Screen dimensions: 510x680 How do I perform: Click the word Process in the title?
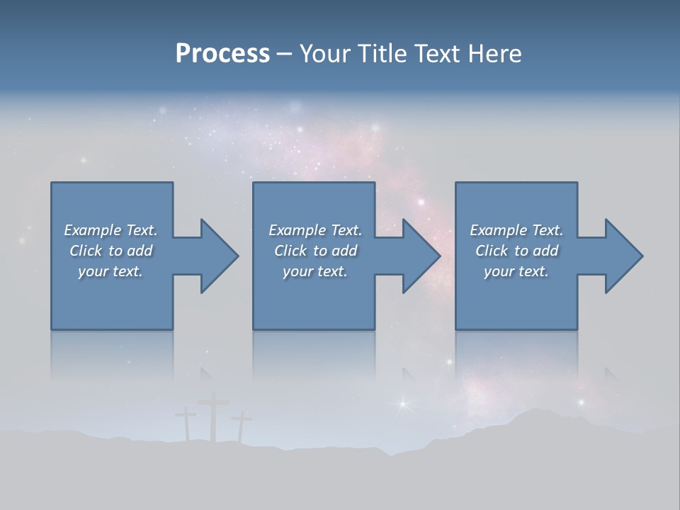coord(222,54)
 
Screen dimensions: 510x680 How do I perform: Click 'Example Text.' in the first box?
coord(110,230)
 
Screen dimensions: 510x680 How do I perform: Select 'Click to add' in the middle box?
coord(315,251)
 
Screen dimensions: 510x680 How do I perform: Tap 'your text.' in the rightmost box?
coord(516,271)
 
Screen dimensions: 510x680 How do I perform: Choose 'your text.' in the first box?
coord(110,271)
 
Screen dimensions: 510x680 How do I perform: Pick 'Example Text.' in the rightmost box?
coord(516,230)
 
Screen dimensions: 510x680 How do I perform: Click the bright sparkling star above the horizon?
coord(404,404)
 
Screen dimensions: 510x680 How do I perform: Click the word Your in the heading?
coord(324,54)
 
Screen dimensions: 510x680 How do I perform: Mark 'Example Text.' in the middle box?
coord(315,230)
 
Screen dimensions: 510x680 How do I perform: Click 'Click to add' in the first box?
coord(110,251)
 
